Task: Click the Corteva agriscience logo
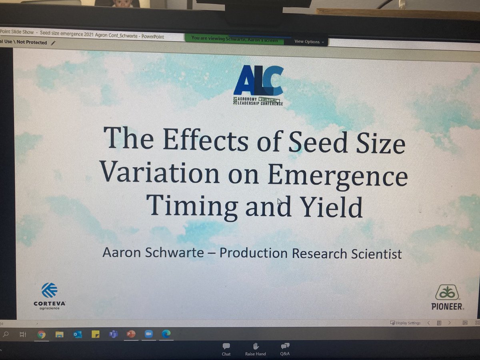[50, 295]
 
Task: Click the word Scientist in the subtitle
[374, 254]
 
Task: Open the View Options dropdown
[310, 42]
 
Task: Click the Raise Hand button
[256, 348]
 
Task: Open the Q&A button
[285, 348]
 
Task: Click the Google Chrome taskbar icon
[42, 334]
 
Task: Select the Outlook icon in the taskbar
[77, 334]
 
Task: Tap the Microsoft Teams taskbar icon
[113, 334]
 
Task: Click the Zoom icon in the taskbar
[148, 334]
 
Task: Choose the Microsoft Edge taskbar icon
[166, 334]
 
